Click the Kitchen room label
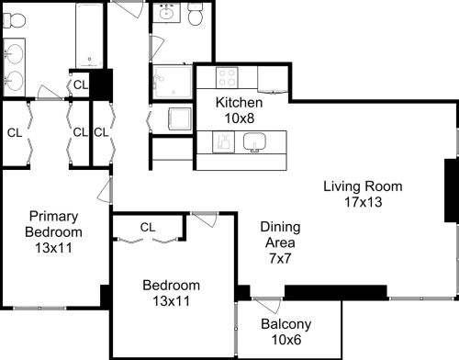coord(239,103)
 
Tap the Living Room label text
coord(363,186)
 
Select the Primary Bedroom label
coord(53,224)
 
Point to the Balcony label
coord(286,324)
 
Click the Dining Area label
coord(280,235)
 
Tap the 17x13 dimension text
coord(364,202)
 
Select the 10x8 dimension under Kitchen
coord(240,118)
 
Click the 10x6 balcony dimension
coord(286,340)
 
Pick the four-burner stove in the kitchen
coord(227,78)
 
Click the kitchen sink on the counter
coord(254,142)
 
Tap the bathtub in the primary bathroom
coord(89,35)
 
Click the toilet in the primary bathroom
coord(14,20)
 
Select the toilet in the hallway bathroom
coord(195,14)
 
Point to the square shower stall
coord(173,82)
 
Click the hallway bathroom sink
coord(166,13)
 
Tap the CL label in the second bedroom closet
coord(148,227)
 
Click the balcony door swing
coord(267,305)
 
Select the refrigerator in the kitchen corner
coord(273,80)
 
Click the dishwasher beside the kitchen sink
coord(223,142)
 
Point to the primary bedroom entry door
coord(105,191)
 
